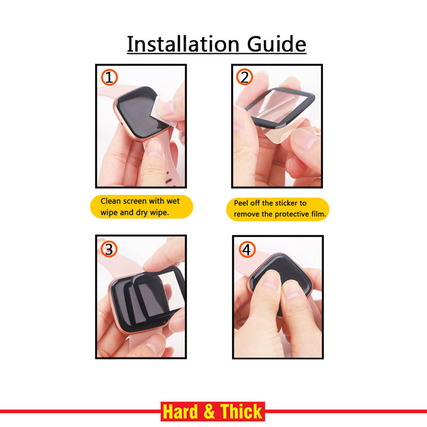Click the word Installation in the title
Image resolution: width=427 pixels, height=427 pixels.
(x=183, y=44)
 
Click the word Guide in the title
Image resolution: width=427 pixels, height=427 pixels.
(x=276, y=44)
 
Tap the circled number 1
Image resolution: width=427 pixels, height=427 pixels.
(x=109, y=77)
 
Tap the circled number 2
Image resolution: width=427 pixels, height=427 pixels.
(x=244, y=77)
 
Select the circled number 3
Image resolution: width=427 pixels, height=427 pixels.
(x=109, y=249)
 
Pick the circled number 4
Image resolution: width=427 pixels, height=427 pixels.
(x=247, y=249)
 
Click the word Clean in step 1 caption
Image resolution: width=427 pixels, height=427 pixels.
(x=110, y=201)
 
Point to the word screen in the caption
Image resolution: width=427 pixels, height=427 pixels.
(x=135, y=201)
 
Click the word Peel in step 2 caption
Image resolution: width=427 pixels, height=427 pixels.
(x=241, y=203)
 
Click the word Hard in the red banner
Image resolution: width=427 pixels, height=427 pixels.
(x=180, y=412)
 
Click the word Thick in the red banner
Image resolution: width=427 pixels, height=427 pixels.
(x=241, y=412)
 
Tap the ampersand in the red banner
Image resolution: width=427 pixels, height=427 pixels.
(x=209, y=412)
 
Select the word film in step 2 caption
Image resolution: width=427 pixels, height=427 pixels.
(x=319, y=214)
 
